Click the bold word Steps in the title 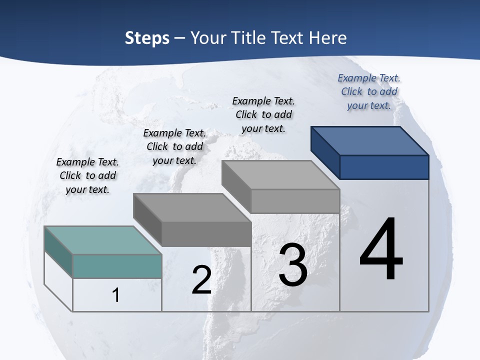[146, 38]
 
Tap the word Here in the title [328, 38]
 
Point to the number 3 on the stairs [293, 265]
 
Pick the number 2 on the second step [201, 280]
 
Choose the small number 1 [115, 295]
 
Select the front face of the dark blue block [384, 167]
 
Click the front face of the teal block [117, 266]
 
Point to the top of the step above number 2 [192, 207]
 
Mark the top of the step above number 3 [280, 175]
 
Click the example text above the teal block [87, 175]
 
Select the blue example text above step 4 [369, 91]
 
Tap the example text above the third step [263, 114]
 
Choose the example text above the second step [174, 146]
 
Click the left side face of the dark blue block [325, 152]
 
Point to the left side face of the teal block [58, 252]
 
